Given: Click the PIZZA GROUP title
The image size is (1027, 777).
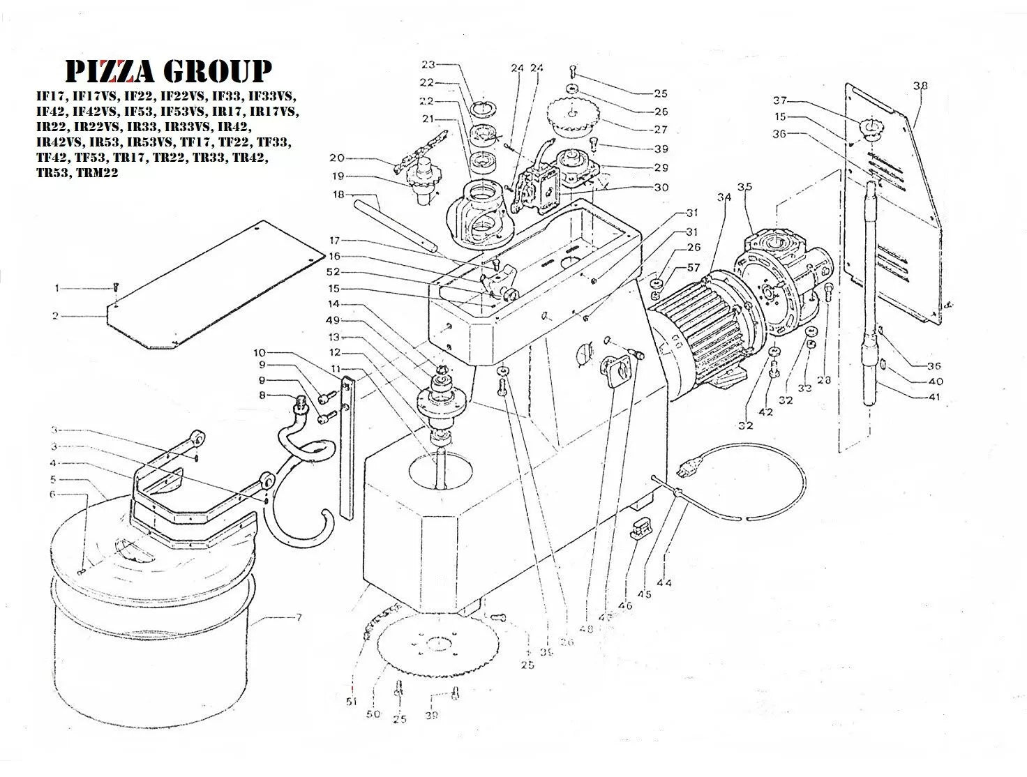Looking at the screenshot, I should pos(167,71).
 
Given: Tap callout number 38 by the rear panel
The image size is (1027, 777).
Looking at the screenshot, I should pos(920,86).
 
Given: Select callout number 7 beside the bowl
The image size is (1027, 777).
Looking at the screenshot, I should pos(298,618).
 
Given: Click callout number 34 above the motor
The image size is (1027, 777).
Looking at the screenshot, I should pos(724,197).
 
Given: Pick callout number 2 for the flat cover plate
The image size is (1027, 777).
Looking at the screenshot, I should pos(55,316).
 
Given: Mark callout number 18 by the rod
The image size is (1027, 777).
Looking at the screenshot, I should pos(339,195).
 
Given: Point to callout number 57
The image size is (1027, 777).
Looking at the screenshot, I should pos(694,268).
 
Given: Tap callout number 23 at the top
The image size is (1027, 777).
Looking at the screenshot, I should pos(428,65).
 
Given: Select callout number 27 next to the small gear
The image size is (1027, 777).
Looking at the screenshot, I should pos(660,130).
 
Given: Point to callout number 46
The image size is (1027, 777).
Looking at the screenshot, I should pos(625,605).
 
